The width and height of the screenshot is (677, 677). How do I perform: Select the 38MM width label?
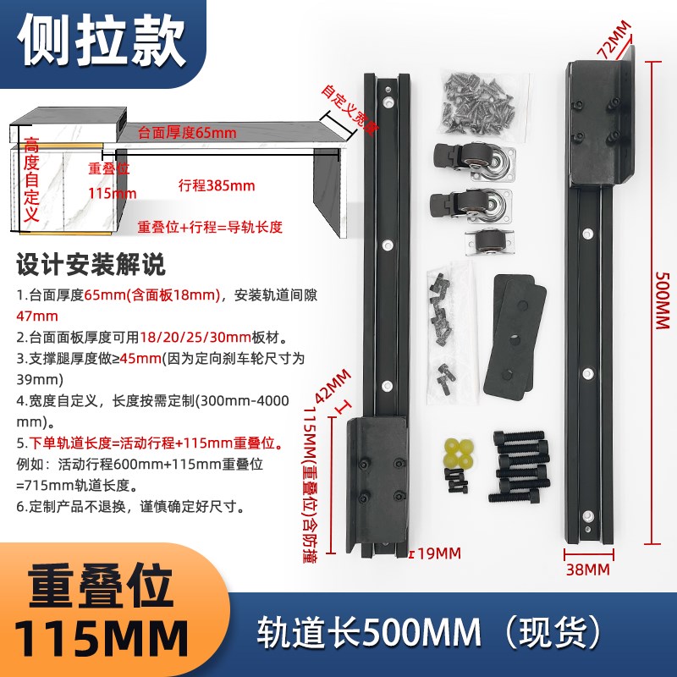click(x=586, y=570)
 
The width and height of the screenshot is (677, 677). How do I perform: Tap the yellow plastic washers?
click(x=458, y=454)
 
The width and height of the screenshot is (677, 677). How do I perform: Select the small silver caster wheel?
click(x=487, y=242)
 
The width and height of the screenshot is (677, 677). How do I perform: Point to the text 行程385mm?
click(x=217, y=185)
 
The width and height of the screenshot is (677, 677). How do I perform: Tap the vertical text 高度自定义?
click(x=32, y=182)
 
